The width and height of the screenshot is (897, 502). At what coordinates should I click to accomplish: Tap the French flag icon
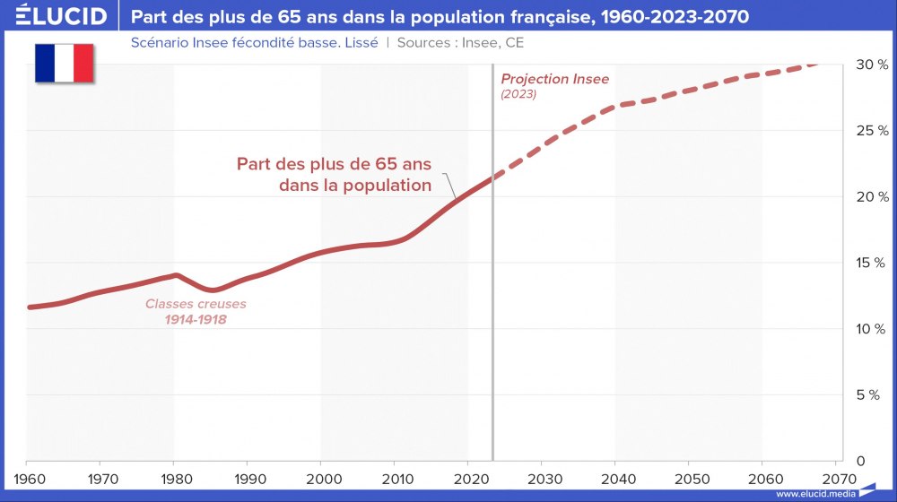pyautogui.click(x=65, y=63)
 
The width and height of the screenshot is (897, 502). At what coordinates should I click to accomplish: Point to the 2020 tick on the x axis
pyautogui.click(x=468, y=478)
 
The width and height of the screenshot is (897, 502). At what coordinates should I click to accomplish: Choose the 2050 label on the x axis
pyautogui.click(x=688, y=478)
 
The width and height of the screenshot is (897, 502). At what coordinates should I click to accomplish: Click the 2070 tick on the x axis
pyautogui.click(x=835, y=478)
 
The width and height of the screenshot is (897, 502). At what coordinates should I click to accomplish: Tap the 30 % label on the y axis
pyautogui.click(x=871, y=65)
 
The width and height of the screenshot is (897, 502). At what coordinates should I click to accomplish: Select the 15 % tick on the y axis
pyautogui.click(x=871, y=263)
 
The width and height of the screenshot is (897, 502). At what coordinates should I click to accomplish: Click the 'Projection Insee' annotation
pyautogui.click(x=554, y=79)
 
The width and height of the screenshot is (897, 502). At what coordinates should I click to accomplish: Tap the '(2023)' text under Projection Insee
pyautogui.click(x=518, y=94)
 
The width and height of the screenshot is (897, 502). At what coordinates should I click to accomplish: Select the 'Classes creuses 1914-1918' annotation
pyautogui.click(x=196, y=311)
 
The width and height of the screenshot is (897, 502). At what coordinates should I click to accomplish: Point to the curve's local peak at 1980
pyautogui.click(x=176, y=275)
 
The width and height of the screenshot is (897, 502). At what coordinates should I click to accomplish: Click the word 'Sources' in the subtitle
pyautogui.click(x=424, y=42)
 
